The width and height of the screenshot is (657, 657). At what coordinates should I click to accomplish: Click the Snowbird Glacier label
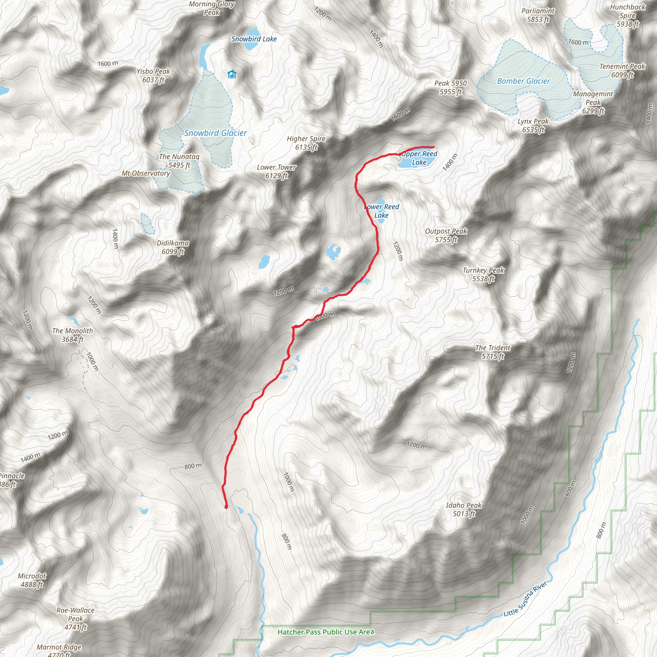(215, 133)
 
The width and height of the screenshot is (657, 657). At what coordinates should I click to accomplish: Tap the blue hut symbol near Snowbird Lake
(232, 74)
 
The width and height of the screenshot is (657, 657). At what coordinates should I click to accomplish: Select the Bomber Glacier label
(523, 81)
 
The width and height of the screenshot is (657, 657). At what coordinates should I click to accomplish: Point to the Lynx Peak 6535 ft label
(533, 125)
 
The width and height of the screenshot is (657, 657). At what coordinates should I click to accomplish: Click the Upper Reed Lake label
(419, 158)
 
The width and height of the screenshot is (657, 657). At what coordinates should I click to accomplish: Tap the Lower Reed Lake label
(381, 211)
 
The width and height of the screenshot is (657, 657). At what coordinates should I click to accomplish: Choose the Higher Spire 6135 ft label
(306, 143)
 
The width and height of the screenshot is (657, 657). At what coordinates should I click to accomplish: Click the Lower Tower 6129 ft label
(277, 171)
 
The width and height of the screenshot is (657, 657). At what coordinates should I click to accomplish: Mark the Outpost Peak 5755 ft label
(446, 235)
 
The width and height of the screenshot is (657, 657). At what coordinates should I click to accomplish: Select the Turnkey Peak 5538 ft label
(483, 274)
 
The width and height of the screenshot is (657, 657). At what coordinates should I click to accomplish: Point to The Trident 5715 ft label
(493, 352)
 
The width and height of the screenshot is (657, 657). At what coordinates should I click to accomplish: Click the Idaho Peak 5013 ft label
(464, 509)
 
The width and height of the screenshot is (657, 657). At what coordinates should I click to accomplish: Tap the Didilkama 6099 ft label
(173, 247)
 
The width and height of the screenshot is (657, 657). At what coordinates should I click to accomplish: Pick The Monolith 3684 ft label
(73, 335)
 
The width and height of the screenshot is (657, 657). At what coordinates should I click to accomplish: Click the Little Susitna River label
(525, 599)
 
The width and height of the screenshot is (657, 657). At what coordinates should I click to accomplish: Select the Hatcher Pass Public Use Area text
(326, 632)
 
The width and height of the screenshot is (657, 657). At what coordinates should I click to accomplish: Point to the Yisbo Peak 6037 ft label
(153, 75)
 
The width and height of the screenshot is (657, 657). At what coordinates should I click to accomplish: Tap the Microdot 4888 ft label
(32, 580)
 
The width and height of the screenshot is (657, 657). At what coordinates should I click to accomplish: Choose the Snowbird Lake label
(254, 39)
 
